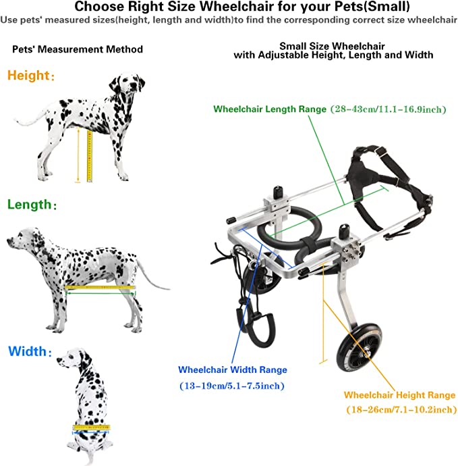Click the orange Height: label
[31, 76]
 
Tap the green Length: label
[32, 205]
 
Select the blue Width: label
[30, 351]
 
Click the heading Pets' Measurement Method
[78, 49]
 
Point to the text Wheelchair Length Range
[270, 109]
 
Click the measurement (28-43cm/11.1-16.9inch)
[389, 109]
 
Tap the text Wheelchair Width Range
[233, 369]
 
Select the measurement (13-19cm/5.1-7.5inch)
[232, 386]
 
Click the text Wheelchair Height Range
[399, 395]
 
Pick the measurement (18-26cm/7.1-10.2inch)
[401, 409]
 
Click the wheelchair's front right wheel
[359, 347]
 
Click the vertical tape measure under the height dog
[90, 156]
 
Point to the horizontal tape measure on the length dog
[100, 288]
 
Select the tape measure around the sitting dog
[92, 428]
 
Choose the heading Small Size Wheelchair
[332, 46]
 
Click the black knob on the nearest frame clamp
[344, 230]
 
